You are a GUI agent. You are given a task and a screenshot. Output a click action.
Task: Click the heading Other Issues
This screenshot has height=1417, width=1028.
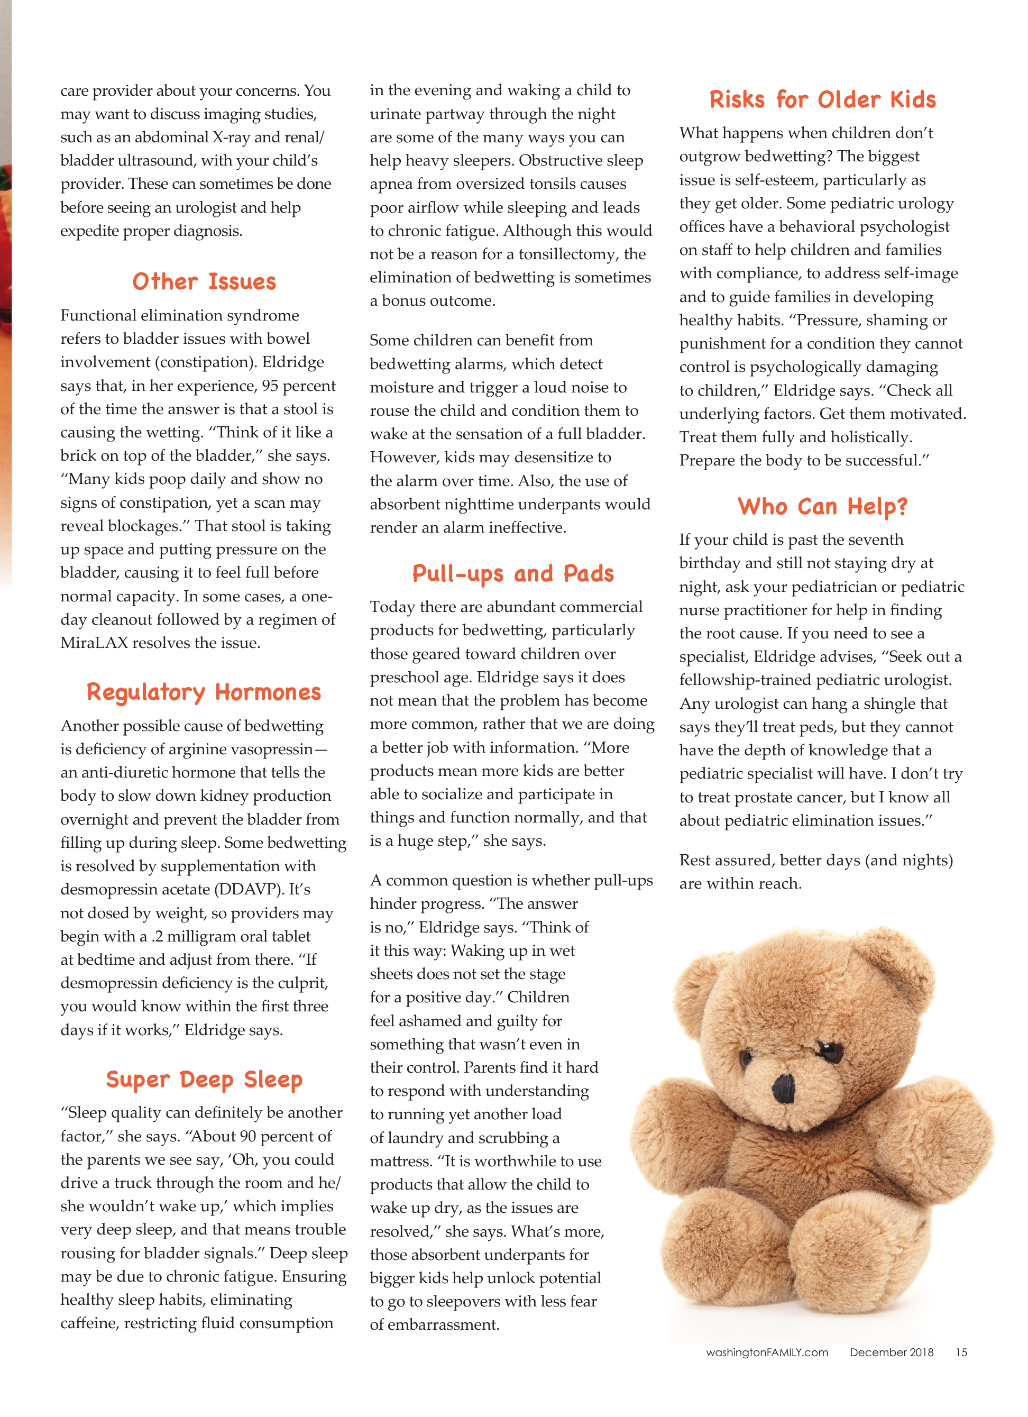204,282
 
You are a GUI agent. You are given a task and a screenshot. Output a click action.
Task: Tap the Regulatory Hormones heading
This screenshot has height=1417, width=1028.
204,692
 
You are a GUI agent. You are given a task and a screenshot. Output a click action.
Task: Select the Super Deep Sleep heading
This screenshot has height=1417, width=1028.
204,1079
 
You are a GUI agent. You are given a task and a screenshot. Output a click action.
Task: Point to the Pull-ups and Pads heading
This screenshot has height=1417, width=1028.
513,573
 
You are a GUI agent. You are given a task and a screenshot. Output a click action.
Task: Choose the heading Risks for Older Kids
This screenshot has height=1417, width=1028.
822,100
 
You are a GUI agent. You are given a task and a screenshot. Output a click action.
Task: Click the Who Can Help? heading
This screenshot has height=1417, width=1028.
822,506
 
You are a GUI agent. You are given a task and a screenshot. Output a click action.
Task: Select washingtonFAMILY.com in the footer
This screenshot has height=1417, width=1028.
766,1352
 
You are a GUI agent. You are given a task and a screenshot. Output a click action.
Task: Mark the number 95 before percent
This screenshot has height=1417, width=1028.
270,386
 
